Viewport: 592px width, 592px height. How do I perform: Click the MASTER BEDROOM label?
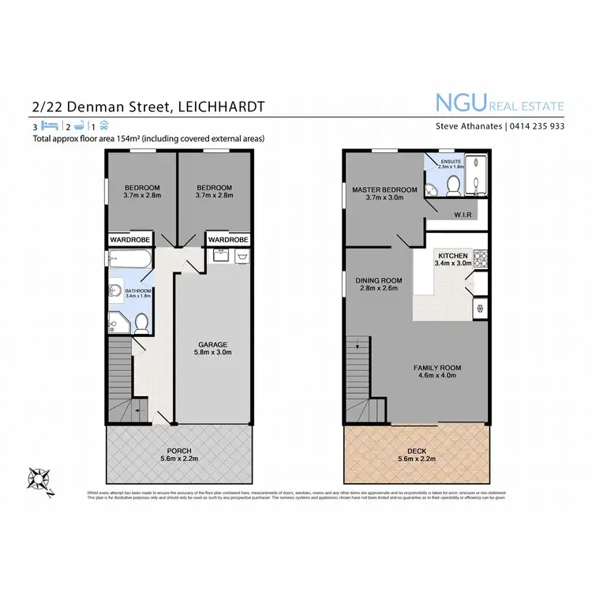click(385, 190)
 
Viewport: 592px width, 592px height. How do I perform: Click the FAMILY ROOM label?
click(437, 368)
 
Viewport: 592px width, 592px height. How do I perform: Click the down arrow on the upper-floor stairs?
click(358, 344)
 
